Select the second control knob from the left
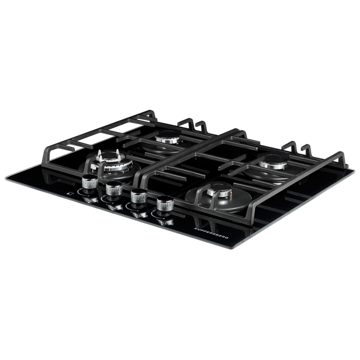pyautogui.click(x=114, y=188)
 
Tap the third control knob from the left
pyautogui.click(x=139, y=196)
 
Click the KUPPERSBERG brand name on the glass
pyautogui.click(x=211, y=233)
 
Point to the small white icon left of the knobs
pyautogui.click(x=69, y=193)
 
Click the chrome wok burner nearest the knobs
pyautogui.click(x=111, y=162)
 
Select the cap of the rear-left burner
pyautogui.click(x=167, y=137)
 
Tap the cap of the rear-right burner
pyautogui.click(x=273, y=162)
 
